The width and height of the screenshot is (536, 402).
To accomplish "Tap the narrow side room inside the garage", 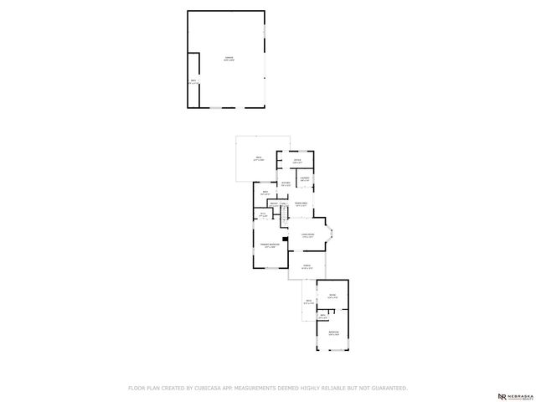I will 194,81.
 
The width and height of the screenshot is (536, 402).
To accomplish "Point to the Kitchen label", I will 286,183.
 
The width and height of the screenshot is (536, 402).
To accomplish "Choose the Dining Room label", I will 301,204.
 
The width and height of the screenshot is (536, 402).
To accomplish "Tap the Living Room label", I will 307,235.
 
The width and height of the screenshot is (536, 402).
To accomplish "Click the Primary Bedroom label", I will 270,246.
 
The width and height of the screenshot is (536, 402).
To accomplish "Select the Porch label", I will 307,268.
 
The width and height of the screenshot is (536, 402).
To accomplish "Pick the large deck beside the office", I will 259,159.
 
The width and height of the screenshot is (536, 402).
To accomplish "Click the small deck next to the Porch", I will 308,301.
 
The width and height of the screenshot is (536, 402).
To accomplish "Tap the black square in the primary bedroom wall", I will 286,239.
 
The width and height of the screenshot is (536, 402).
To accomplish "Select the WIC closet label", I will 263,214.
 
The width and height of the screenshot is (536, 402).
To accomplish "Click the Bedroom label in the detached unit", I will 334,332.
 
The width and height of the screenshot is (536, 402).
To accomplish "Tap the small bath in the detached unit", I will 322,317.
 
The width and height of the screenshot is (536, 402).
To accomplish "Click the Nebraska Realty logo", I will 513,394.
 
